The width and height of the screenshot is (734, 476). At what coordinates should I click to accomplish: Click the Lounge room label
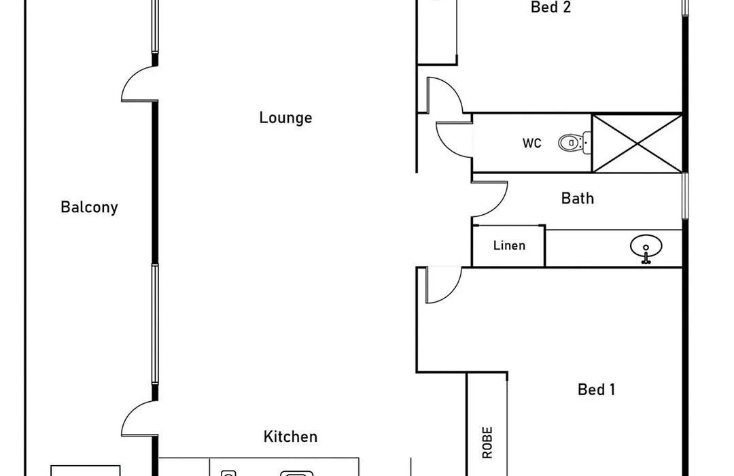285,117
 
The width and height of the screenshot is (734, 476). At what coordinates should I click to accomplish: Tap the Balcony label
89,207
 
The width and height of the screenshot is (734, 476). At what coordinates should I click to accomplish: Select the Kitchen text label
290,437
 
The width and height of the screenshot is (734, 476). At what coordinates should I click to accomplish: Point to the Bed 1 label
597,390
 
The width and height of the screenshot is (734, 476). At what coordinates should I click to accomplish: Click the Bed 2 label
551,7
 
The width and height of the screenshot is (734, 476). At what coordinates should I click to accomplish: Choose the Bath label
578,198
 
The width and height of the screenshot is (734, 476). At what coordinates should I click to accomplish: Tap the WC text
531,143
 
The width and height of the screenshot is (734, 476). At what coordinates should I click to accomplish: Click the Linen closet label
509,245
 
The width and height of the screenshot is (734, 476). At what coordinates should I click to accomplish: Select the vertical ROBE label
487,442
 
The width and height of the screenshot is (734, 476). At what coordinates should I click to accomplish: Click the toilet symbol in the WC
574,142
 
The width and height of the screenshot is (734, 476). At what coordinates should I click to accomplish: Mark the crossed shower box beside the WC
637,143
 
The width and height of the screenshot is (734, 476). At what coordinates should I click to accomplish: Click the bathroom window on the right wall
685,195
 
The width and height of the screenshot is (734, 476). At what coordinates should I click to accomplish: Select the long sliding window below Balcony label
155,324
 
